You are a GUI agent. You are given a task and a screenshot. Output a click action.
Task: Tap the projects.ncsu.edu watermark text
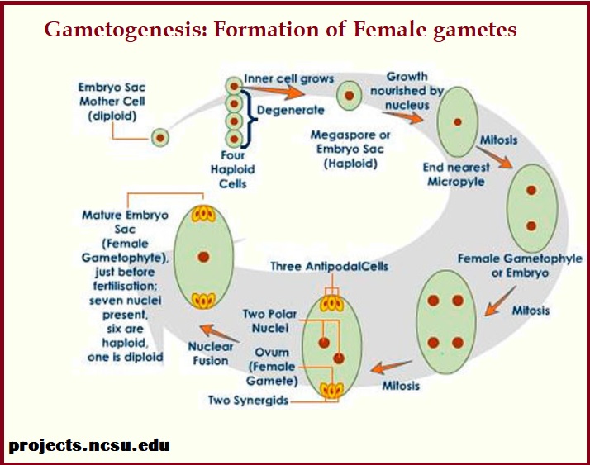[x=89, y=445]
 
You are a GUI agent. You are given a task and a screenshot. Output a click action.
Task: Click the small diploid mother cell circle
[x=159, y=138]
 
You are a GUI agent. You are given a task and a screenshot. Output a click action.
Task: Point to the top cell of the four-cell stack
[x=236, y=84]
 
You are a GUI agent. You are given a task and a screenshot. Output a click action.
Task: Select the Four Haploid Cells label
[x=233, y=169]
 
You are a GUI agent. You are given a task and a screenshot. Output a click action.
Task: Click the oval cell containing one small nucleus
[x=456, y=118]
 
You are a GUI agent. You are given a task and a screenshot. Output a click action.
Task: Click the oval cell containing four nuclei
[x=446, y=320]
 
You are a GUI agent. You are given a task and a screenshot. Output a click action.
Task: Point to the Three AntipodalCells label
[x=329, y=267]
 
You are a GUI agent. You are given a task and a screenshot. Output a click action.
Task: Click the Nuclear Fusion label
[x=212, y=353]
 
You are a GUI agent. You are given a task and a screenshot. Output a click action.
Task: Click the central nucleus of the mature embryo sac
[x=203, y=258]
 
